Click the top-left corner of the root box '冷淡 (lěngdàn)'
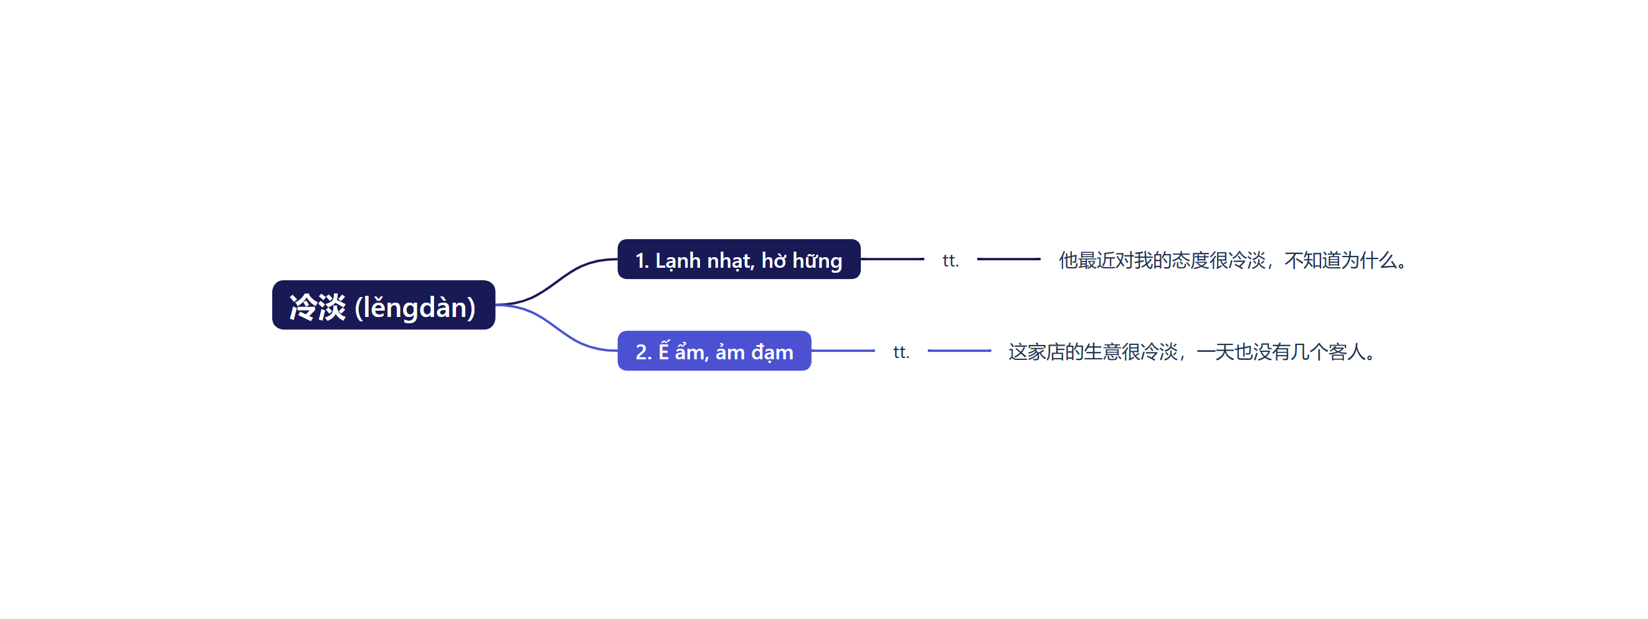(x=273, y=281)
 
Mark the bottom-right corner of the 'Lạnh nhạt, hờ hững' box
(x=860, y=278)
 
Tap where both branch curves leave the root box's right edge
(x=495, y=305)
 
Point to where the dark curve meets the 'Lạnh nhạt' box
(x=617, y=259)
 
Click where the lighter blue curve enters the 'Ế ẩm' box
(x=617, y=351)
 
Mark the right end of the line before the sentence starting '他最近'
(x=1040, y=259)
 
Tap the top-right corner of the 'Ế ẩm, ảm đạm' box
(x=810, y=331)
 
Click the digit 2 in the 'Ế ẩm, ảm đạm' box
(x=641, y=352)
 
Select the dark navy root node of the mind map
(x=384, y=305)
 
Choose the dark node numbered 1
(x=739, y=259)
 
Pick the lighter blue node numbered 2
(x=714, y=351)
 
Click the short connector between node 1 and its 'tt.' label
(x=893, y=259)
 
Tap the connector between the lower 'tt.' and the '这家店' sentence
(x=959, y=351)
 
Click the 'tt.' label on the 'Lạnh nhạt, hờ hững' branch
(x=950, y=260)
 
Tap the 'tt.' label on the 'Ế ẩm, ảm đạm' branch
(x=901, y=352)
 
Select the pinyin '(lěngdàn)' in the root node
(x=415, y=308)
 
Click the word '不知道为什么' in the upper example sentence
(x=1340, y=260)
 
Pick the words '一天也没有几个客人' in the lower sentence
(x=1281, y=352)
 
